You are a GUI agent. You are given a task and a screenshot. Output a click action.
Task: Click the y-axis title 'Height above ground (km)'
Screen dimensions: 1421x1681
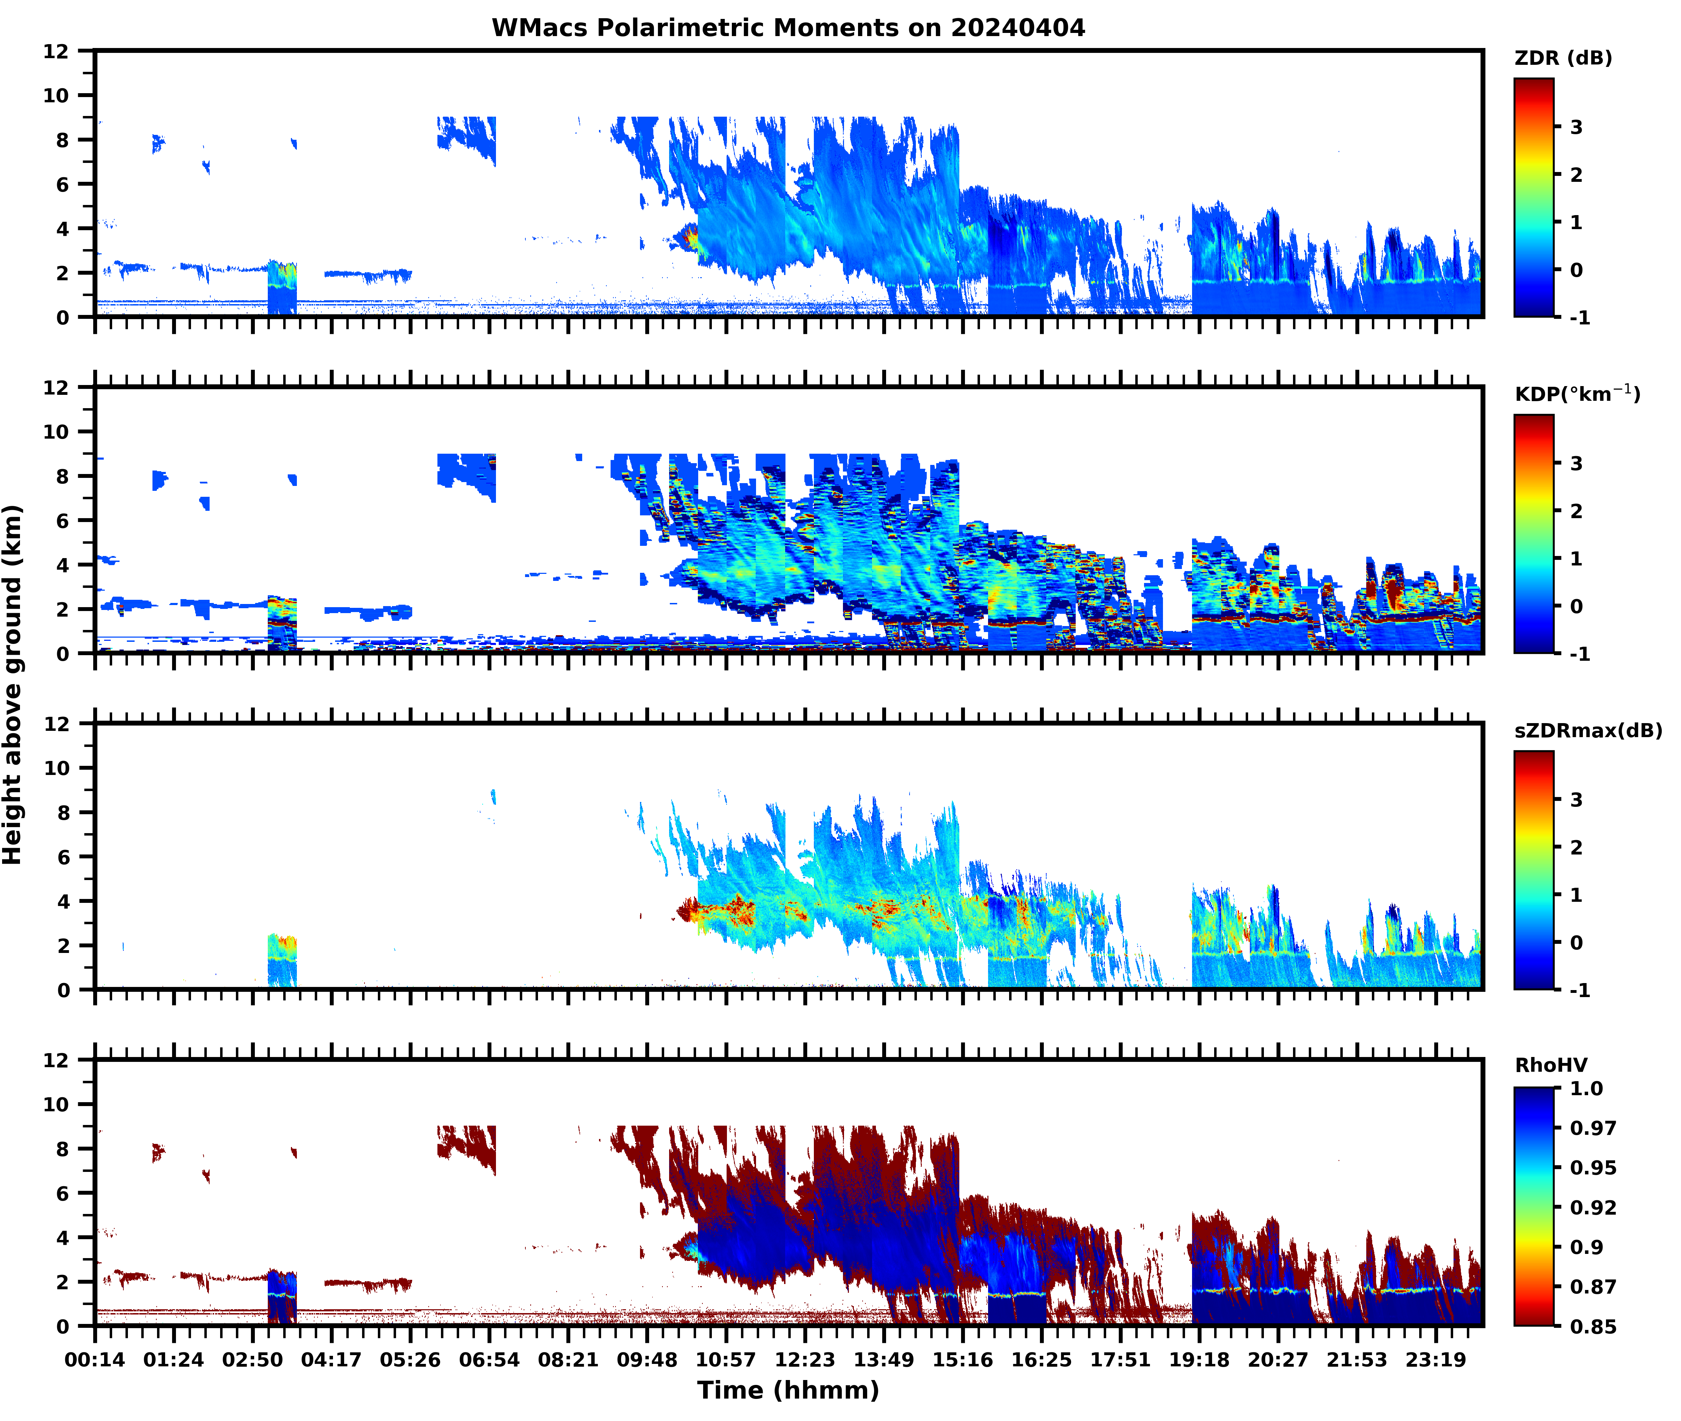point(13,685)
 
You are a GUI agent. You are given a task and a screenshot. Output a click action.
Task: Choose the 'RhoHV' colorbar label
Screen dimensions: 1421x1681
point(1551,1065)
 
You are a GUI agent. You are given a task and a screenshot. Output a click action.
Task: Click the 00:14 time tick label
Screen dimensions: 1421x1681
point(95,1360)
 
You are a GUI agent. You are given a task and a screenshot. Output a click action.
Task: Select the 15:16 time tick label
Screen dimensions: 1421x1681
point(962,1360)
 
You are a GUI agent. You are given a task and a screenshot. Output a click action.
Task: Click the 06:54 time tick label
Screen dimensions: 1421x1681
point(489,1360)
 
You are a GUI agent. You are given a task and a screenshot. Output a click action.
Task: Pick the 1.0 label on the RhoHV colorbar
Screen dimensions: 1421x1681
point(1586,1088)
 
